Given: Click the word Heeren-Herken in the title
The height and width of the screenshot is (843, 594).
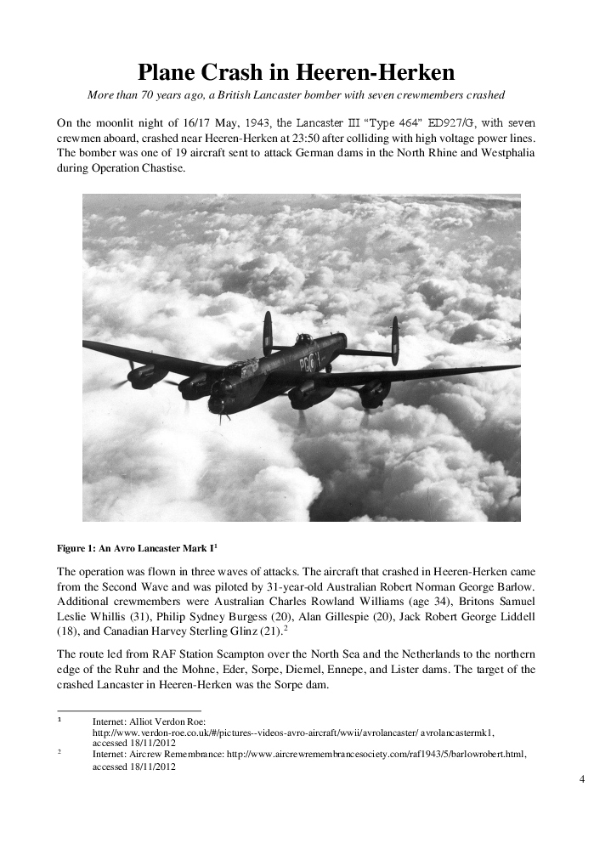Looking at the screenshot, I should (374, 71).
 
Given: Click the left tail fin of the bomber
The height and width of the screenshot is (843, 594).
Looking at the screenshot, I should (268, 332).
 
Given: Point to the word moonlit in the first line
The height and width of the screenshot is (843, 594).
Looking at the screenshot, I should (115, 122).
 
